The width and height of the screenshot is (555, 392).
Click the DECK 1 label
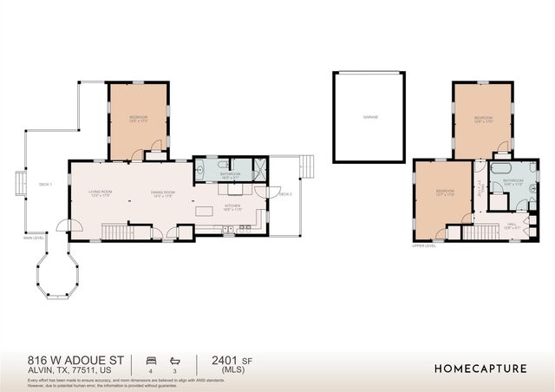[x=45, y=185]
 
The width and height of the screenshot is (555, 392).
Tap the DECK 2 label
[x=284, y=194]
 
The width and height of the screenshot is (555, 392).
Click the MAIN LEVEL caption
[x=34, y=237]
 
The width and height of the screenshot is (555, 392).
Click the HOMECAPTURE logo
[x=480, y=369]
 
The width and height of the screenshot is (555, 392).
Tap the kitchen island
[x=206, y=211]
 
